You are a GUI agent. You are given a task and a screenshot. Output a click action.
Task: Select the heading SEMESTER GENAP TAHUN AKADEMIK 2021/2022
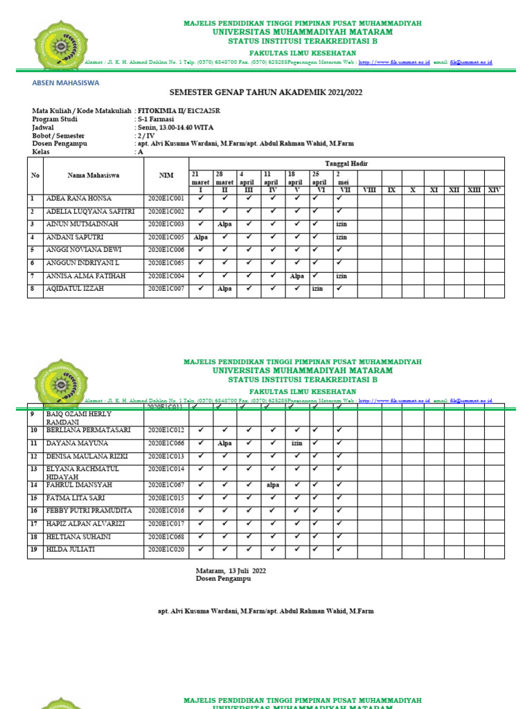[x=266, y=92]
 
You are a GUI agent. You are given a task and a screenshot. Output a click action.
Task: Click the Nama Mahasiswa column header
[x=94, y=175]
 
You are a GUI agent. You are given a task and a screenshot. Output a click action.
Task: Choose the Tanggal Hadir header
[x=346, y=163]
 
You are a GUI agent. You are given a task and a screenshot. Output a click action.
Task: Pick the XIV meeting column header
[x=494, y=190]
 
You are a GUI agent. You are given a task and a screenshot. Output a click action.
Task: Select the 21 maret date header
[x=200, y=177]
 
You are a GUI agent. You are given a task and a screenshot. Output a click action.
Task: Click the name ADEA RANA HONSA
[x=78, y=198]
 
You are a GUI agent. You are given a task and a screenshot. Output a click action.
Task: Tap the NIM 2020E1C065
[x=166, y=263]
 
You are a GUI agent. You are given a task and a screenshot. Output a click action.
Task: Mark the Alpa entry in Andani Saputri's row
[x=201, y=237]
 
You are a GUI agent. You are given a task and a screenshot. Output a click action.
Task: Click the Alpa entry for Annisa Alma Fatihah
[x=297, y=276]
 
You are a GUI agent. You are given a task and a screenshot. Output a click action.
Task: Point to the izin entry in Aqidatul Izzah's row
[x=317, y=289]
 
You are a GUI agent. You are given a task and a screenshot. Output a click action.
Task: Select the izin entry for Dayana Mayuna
[x=297, y=443]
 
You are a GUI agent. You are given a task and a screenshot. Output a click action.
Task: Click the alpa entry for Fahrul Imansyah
[x=273, y=485]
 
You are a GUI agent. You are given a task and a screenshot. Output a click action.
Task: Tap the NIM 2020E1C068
[x=166, y=537]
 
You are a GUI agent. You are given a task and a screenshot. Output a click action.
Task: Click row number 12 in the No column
[x=33, y=456]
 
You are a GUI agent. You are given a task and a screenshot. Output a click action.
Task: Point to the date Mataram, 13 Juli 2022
[x=231, y=571]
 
